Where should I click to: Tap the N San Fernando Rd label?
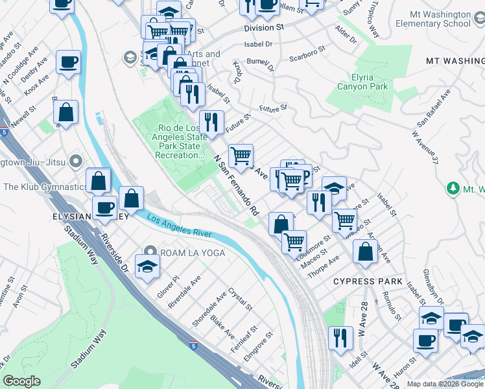(x=237, y=185)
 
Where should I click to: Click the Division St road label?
(x=265, y=29)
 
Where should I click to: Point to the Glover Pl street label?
(x=167, y=285)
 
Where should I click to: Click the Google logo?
(x=21, y=381)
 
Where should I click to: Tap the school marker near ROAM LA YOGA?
(x=147, y=266)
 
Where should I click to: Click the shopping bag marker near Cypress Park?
(x=366, y=252)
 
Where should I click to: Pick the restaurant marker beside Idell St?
(x=340, y=337)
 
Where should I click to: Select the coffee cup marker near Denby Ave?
(x=68, y=63)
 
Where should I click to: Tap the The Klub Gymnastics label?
(x=45, y=187)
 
